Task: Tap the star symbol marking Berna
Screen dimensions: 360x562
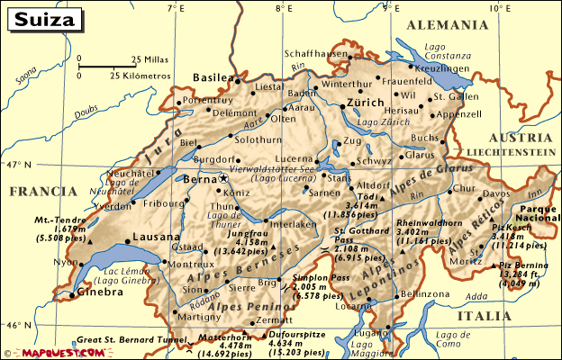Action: point(223,179)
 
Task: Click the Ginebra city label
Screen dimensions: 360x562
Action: point(100,292)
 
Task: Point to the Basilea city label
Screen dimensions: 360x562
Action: point(213,77)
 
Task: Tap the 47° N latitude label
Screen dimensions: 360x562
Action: point(16,165)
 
